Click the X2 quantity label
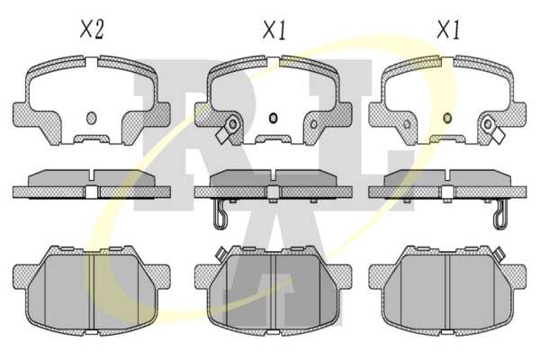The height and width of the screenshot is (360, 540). pos(92,30)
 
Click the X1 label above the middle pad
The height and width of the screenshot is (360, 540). pos(274,30)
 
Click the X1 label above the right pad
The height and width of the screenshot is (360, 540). pos(448,30)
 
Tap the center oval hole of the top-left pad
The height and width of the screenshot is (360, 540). pos(91,118)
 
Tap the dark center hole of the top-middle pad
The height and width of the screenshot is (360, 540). pos(273,118)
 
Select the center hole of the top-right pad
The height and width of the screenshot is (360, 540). pos(447,118)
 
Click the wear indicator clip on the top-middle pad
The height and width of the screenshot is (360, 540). pos(227,130)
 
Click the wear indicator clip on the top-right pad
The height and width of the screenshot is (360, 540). pos(493,130)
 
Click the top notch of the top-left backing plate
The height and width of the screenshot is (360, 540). pos(91,63)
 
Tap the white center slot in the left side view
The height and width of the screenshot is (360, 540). pos(91,192)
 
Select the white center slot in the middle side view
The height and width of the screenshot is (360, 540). pos(273,192)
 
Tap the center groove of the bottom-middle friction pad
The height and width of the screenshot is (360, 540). pos(273,292)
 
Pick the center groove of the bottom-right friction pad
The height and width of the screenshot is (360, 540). pos(447,292)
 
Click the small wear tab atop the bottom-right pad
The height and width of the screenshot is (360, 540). pos(499,254)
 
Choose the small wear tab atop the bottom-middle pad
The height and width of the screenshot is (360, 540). pos(220,254)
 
